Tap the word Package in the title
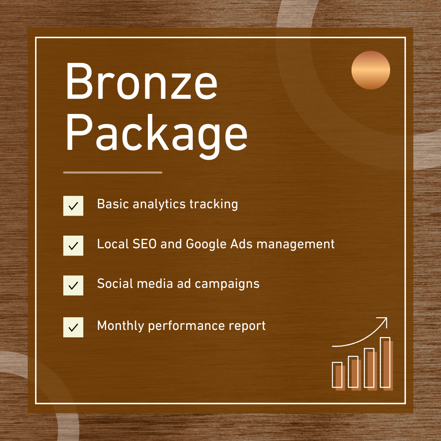tap(156, 131)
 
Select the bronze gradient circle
tap(371, 70)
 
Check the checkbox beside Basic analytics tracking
tap(73, 206)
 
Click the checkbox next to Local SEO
tap(73, 245)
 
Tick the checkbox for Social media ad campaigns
tap(73, 285)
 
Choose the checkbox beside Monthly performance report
tap(73, 327)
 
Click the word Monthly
tap(120, 326)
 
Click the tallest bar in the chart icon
tap(385, 362)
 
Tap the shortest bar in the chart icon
tap(337, 374)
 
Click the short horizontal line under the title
tap(113, 172)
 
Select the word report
tap(249, 326)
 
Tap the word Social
tap(114, 284)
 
